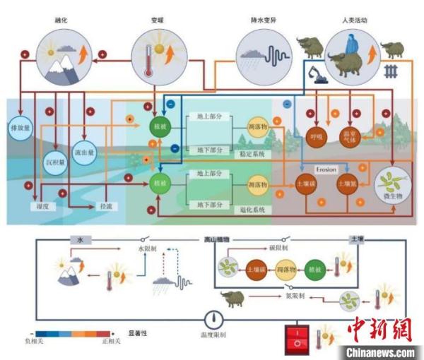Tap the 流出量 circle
(84, 135)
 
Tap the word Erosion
(326, 170)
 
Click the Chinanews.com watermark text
(382, 352)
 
